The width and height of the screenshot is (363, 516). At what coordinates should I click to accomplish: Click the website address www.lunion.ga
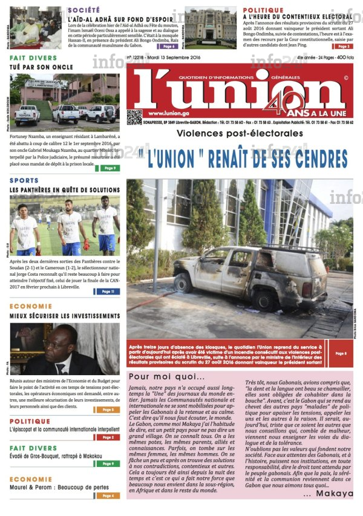[165, 114]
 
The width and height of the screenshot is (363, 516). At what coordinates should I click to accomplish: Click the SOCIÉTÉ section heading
[84, 10]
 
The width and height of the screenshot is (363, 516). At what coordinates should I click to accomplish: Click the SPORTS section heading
[24, 180]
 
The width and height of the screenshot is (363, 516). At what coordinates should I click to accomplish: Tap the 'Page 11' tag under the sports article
[108, 292]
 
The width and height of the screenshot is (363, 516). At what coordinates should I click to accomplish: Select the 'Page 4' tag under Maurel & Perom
[108, 495]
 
